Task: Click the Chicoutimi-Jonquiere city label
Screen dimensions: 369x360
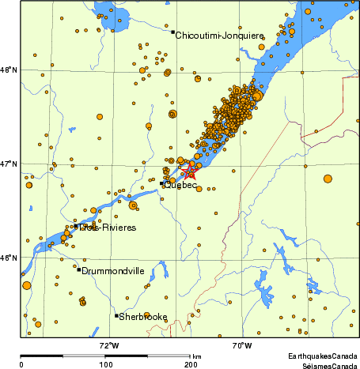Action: point(219,36)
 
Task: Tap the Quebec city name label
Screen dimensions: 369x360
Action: point(181,185)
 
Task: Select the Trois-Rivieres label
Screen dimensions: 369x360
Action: point(108,228)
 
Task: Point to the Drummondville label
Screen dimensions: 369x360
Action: point(113,271)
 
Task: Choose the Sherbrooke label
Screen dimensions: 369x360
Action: point(143,318)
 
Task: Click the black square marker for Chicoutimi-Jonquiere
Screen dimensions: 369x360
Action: point(172,32)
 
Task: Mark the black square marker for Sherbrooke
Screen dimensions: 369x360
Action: point(117,316)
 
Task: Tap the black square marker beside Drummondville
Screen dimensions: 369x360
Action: point(79,270)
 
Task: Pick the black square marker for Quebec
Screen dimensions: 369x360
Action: point(162,183)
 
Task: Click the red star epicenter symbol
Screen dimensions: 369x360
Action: point(189,170)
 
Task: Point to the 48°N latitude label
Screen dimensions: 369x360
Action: point(9,71)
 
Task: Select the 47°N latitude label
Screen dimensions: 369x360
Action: point(9,164)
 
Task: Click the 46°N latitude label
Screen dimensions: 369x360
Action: point(9,258)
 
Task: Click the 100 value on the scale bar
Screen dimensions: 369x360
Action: point(105,364)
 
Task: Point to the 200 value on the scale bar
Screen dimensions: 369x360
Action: point(191,364)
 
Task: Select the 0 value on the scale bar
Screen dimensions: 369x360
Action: point(21,364)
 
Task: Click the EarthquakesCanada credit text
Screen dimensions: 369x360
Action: point(322,356)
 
